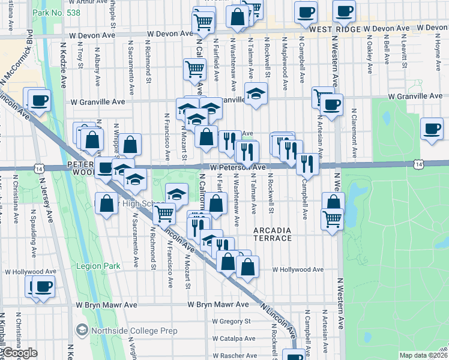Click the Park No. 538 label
coord(51,12)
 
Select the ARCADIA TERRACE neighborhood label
coord(273,234)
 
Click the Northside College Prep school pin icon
coord(82,330)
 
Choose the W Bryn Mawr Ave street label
coord(217,304)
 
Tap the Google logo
coord(19,353)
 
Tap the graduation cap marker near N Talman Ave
coord(256,94)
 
